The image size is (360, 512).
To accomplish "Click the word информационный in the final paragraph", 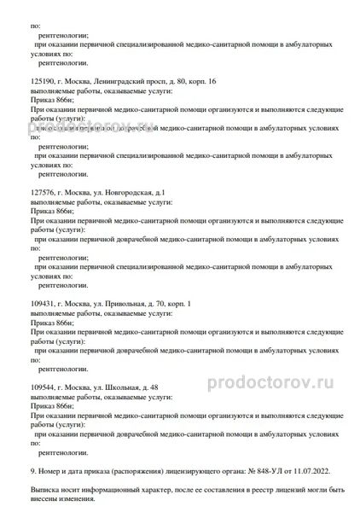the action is click(x=109, y=492).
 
